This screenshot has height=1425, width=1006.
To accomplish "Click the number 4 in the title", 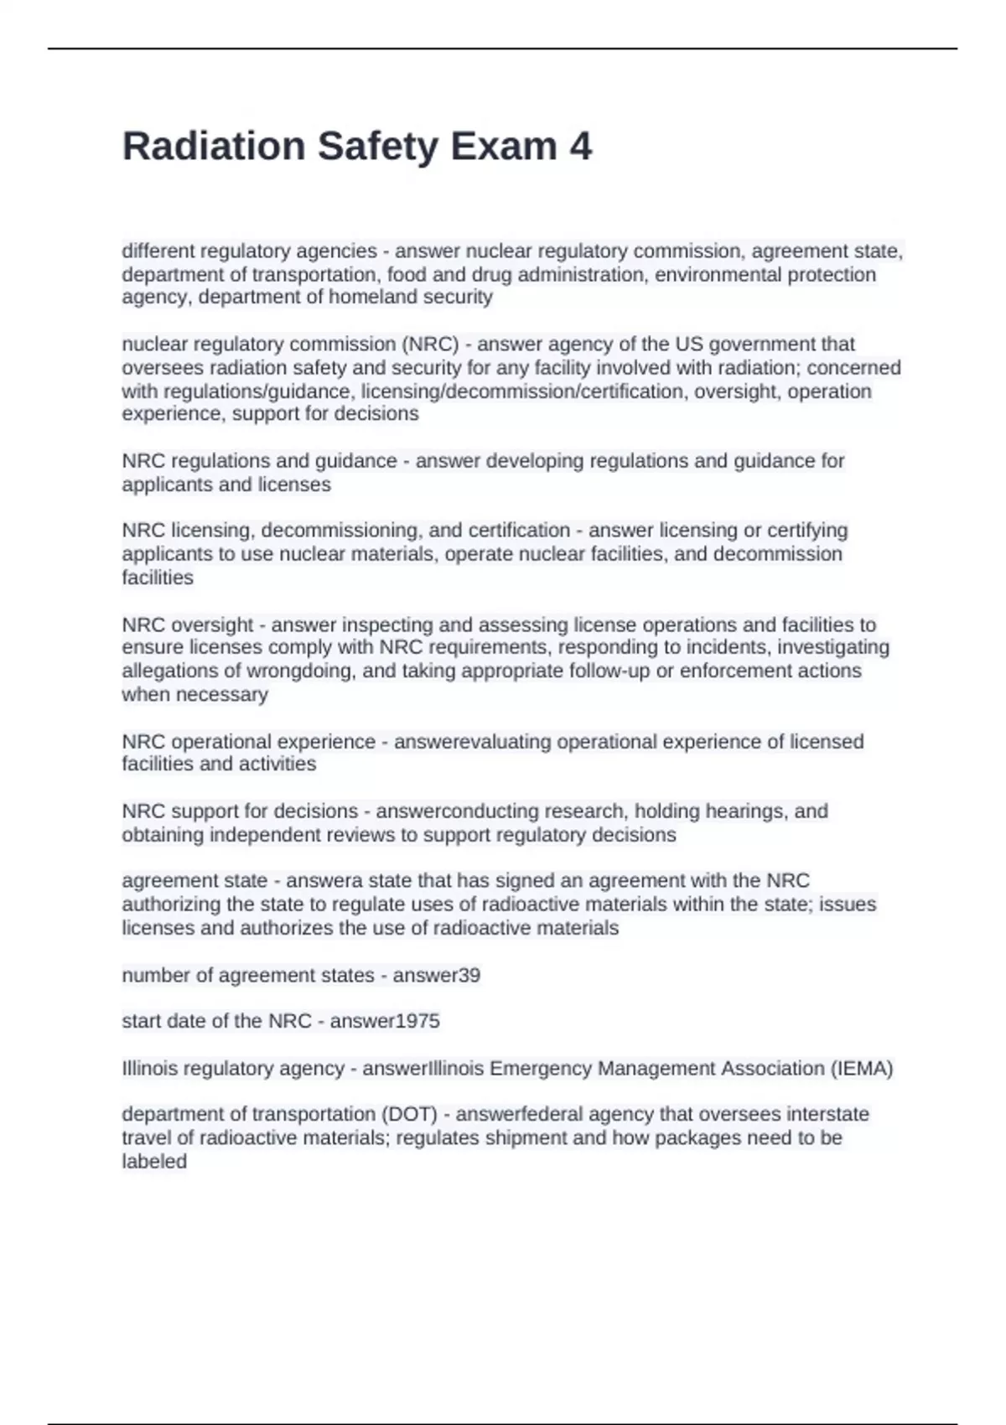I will point(580,147).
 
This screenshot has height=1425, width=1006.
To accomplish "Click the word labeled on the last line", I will point(154,1162).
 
